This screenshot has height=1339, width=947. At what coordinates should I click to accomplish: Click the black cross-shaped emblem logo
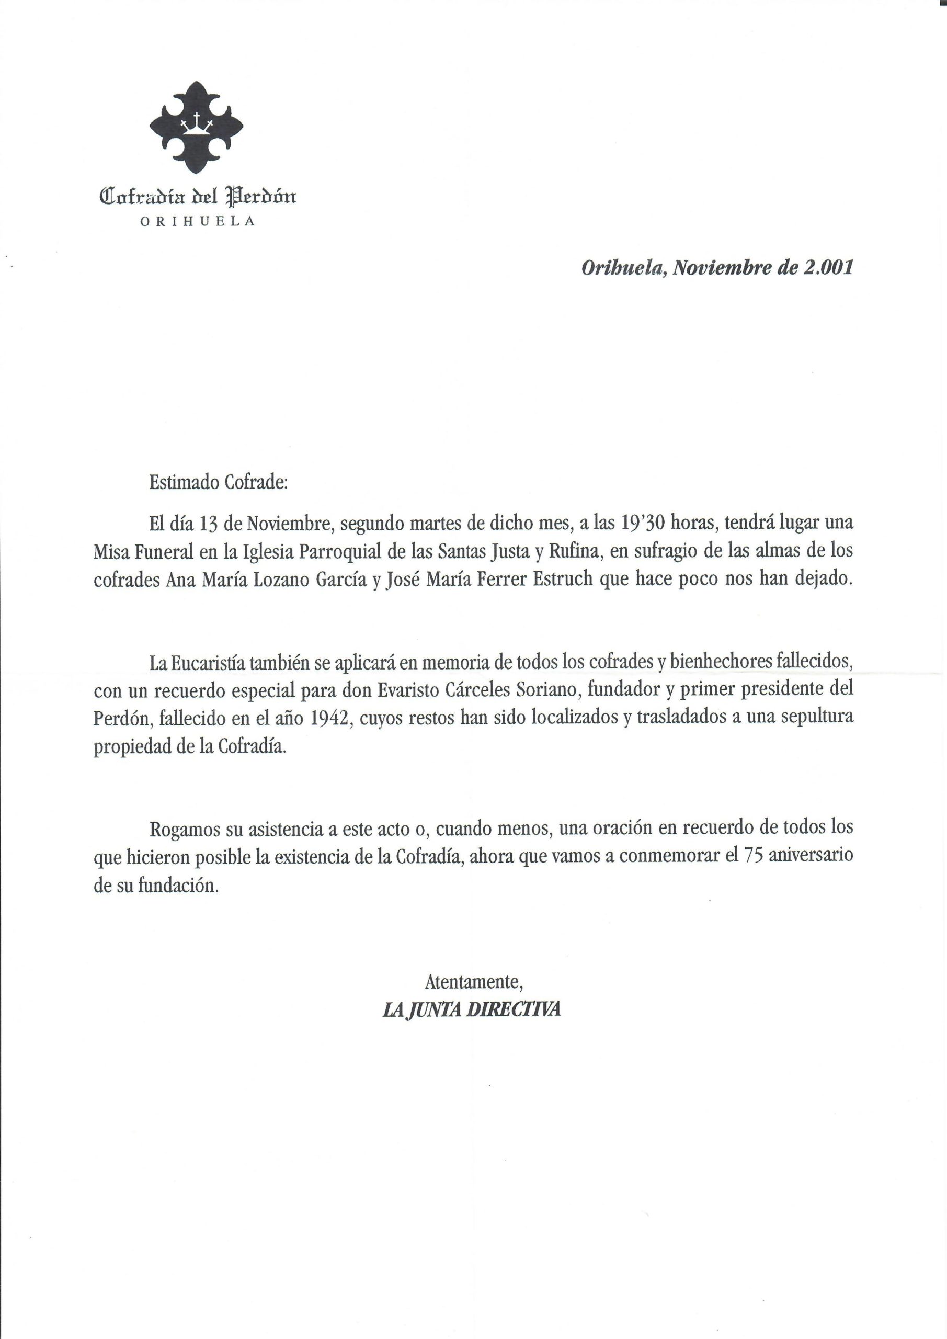coord(197,127)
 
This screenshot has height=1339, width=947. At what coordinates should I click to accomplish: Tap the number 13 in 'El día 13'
coord(209,524)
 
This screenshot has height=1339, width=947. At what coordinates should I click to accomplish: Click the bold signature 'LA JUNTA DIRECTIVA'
coord(471,1010)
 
